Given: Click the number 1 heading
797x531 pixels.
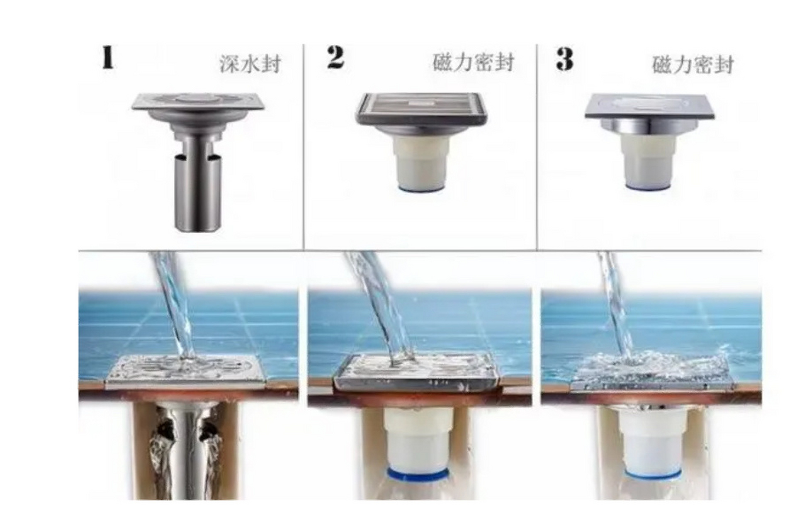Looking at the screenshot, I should point(108,58).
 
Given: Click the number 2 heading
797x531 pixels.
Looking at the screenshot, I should point(335,58).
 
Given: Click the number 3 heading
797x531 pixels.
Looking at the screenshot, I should point(565,59).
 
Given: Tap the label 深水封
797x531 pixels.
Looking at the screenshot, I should point(250,64).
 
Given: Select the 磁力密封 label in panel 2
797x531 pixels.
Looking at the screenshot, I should point(473,63).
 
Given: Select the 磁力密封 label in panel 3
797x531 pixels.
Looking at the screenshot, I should point(693,65).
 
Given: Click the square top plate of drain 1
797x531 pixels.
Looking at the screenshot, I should point(198,101).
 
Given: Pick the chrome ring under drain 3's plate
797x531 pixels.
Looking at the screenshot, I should point(649,126).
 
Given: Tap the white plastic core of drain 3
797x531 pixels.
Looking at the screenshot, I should point(649,164).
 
